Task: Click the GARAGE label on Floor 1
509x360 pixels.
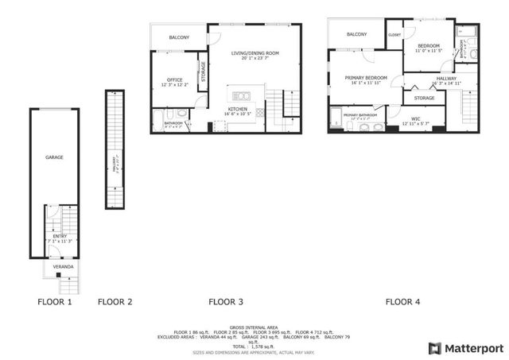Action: (54, 157)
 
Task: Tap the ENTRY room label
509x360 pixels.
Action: (60, 236)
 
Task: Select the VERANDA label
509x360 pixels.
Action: (64, 267)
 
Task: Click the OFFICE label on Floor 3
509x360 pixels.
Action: (175, 79)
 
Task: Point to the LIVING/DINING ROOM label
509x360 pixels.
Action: (255, 53)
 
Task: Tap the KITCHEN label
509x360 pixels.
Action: (238, 109)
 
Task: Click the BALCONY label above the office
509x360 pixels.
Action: (180, 37)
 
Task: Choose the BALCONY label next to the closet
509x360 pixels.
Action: (357, 34)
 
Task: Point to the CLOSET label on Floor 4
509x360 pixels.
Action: (394, 35)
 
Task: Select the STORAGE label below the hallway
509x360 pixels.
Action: (424, 98)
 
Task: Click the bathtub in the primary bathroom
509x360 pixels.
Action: (336, 117)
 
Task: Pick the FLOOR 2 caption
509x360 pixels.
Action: (115, 302)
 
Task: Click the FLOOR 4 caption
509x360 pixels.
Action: (403, 302)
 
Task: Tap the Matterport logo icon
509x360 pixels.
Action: (434, 348)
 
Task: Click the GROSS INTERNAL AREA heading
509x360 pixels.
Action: (254, 327)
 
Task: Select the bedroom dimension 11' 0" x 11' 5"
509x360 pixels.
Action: (429, 51)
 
